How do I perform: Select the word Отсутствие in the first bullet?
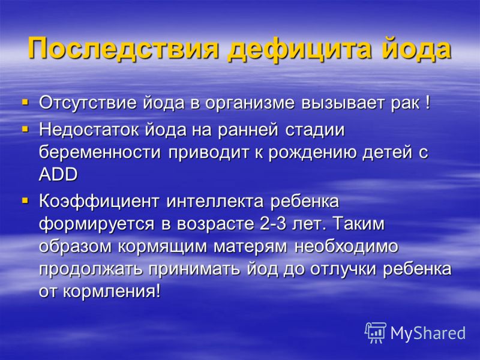tap(88, 103)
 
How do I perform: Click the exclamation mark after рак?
tap(428, 103)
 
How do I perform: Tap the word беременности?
tap(100, 153)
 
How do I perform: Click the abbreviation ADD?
tap(58, 175)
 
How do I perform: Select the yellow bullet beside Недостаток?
tap(25, 130)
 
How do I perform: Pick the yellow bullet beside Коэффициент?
tap(25, 201)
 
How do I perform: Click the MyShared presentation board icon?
tap(376, 333)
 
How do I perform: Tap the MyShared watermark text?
tap(428, 333)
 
